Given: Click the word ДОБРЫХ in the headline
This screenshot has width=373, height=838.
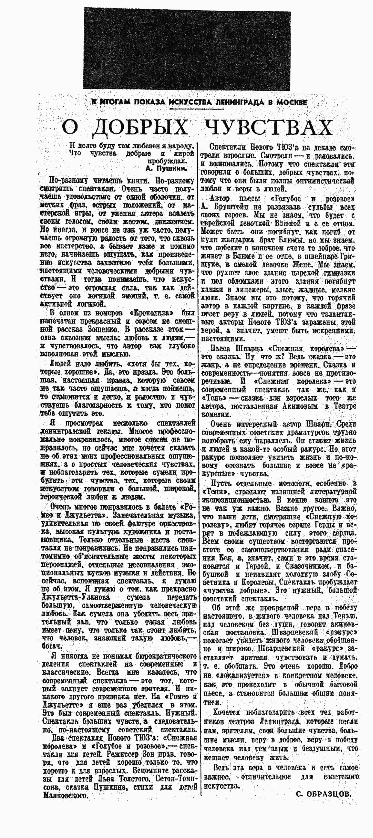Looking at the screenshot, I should point(140,127).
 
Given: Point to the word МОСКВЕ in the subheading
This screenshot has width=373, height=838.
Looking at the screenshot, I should point(291,102).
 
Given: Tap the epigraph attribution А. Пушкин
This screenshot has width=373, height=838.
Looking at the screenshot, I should point(167,168).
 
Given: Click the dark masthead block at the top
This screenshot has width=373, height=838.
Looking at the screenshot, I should point(186,49).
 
